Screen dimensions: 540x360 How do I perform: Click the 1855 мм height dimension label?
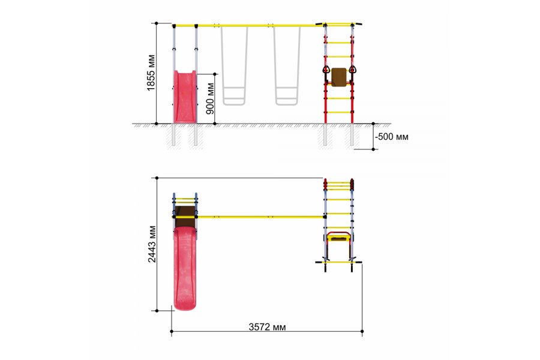tap(151, 73)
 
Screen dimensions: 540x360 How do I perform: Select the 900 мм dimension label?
tap(210, 98)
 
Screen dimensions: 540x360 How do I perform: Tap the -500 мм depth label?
tap(392, 136)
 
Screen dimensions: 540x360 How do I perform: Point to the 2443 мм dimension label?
tap(152, 244)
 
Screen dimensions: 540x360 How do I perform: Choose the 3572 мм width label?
tap(267, 326)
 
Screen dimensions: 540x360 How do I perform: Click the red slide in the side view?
tap(185, 97)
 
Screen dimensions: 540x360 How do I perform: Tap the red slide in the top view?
tap(185, 268)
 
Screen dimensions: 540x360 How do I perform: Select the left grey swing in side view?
tap(234, 65)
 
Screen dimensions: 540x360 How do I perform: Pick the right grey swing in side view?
tap(287, 65)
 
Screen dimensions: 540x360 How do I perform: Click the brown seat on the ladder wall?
tap(339, 77)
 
